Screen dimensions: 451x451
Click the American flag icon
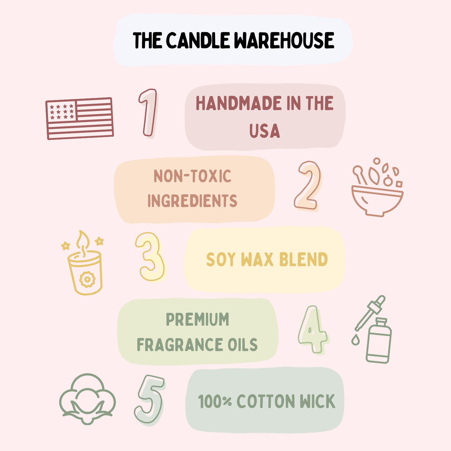tap(80, 118)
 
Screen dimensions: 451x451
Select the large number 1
tap(148, 112)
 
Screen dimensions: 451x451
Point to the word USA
tap(265, 131)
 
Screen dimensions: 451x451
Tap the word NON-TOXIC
tap(193, 176)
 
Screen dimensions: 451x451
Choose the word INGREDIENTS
tap(193, 201)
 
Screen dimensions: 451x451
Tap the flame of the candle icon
tap(83, 240)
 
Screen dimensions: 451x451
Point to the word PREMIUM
tap(198, 320)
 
